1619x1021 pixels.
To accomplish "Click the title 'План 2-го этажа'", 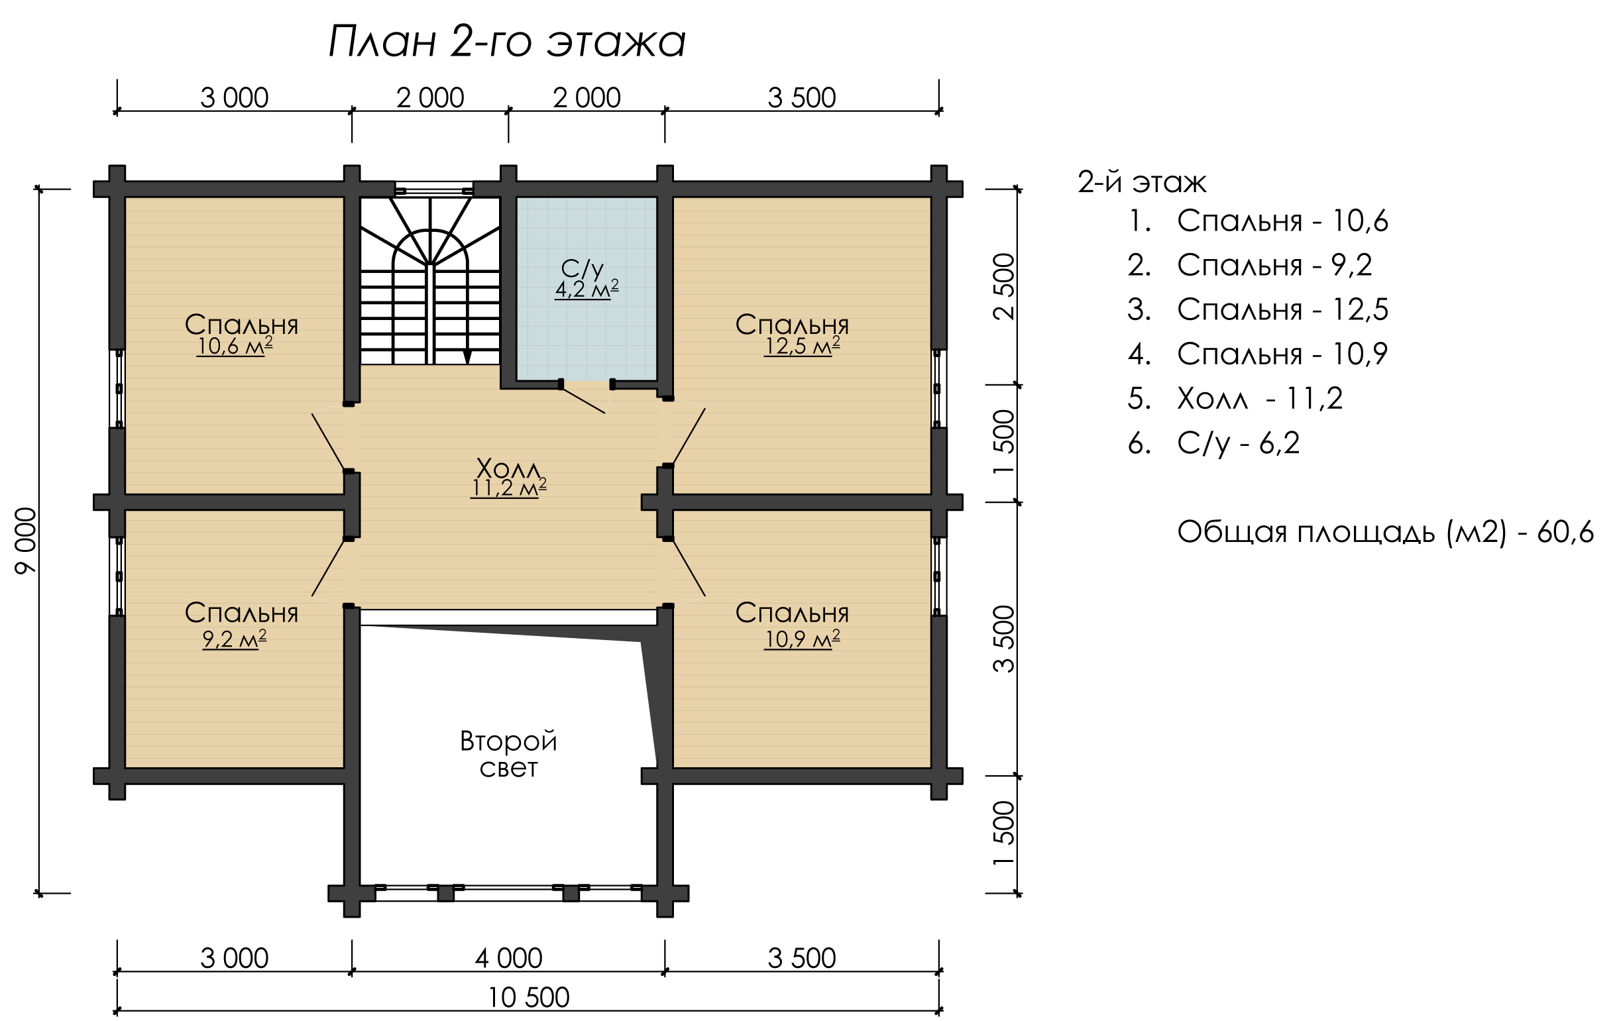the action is coord(507,42).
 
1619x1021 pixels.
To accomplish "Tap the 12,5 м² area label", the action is coord(802,346).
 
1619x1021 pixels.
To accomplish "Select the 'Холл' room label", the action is coord(508,466).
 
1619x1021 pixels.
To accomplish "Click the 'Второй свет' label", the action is coord(508,753).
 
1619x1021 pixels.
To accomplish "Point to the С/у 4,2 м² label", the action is coord(586,279).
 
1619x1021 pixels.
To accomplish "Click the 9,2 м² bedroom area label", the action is coord(235,639).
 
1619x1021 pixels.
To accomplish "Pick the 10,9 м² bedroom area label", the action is coord(802,639).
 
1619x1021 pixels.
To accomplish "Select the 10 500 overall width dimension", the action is coord(528,997).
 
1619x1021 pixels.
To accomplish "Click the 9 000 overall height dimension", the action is coord(26,541).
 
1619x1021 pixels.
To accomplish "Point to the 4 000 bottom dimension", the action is coord(508,959).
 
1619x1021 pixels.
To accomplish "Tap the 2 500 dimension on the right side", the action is coord(1003,286).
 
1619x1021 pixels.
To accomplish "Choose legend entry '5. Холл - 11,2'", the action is coord(1235,399).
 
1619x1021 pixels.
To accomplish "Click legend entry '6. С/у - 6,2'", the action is coord(1213,444).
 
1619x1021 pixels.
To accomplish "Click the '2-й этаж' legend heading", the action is coord(1143,182).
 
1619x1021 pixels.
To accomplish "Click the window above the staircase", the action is coord(433,189).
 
